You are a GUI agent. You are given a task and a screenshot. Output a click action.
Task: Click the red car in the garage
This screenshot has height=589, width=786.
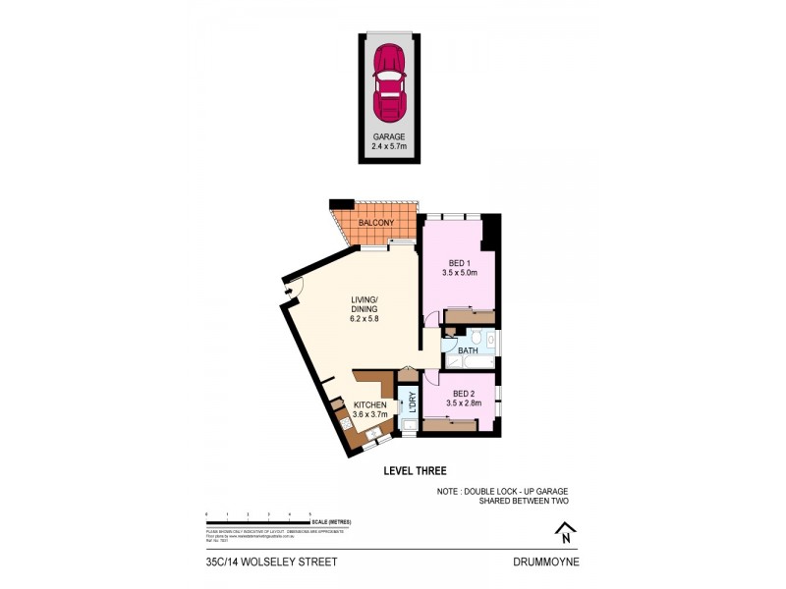coord(389,80)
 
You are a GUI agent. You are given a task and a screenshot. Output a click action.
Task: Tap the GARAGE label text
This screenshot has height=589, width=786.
coord(388,136)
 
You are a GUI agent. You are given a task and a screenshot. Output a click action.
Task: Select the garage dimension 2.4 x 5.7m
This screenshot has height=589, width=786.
coord(388,146)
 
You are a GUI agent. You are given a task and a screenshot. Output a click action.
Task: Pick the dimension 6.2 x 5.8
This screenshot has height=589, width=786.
coord(365,318)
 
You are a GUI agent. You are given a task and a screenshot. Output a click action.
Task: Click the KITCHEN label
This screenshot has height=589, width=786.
coord(370,404)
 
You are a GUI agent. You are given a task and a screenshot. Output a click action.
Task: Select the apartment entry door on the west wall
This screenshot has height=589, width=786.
coord(294,285)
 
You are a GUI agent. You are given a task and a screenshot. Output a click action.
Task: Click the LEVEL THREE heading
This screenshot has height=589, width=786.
coord(414,471)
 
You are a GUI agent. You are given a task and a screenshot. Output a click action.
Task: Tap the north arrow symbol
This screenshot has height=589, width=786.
coord(565,533)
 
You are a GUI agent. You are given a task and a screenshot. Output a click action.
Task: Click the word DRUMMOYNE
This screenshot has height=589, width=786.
coord(547,562)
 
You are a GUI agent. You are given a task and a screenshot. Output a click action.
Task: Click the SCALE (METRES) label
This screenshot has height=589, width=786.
coord(333,521)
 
